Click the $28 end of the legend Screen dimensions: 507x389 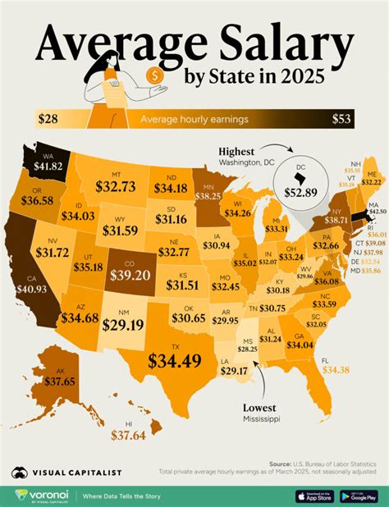(x=48, y=120)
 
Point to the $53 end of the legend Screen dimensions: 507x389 (x=342, y=120)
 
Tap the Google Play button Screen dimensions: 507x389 (x=360, y=496)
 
